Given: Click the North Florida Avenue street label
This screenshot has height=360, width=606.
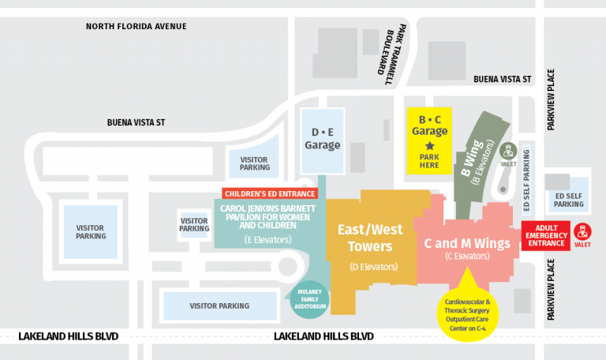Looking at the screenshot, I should point(136,27).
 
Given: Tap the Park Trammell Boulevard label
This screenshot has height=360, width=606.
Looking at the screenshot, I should point(395,56).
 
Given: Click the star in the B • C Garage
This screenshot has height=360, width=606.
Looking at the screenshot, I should point(430,146).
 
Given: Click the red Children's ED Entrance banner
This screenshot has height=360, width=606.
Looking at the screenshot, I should point(269,193).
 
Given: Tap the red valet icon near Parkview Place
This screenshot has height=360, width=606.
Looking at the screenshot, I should point(582,231).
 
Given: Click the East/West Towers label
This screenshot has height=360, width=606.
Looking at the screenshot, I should point(369,238).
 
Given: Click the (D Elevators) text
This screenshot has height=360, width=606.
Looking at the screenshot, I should point(373,266).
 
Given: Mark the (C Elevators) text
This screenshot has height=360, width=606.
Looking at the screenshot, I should point(468,256).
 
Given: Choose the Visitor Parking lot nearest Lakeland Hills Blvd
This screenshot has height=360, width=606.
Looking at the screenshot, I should point(219,306).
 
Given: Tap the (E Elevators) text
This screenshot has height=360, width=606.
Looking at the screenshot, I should point(268,238).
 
